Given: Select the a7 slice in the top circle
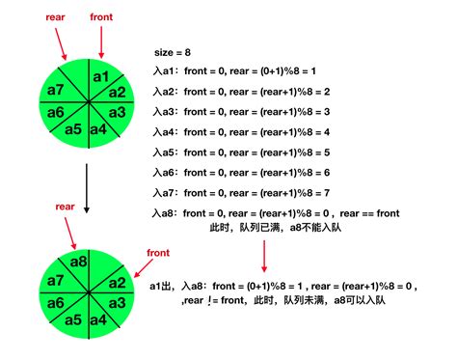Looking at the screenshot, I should pos(55,92).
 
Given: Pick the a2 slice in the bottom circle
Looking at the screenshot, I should pos(117,284).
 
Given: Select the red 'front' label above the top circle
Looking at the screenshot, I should pos(100,18).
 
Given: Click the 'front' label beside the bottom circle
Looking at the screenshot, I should pos(158,253).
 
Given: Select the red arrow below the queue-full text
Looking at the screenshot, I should pos(263,257).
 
